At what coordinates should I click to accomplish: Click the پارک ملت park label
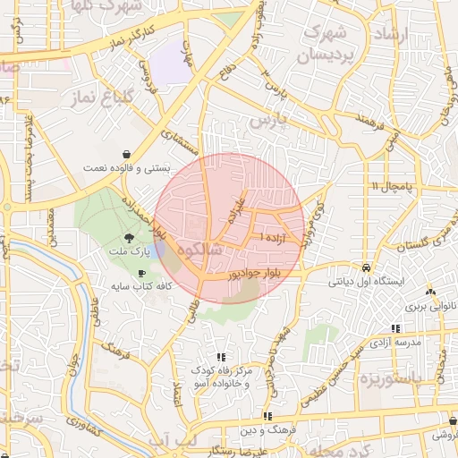pyautogui.click(x=131, y=253)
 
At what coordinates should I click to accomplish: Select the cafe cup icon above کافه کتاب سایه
pyautogui.click(x=141, y=273)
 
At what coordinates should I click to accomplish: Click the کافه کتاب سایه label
pyautogui.click(x=141, y=286)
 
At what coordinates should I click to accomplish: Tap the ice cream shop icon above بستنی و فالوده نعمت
pyautogui.click(x=128, y=154)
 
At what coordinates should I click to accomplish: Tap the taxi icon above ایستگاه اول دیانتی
pyautogui.click(x=367, y=267)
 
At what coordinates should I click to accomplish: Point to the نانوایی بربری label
pyautogui.click(x=431, y=305)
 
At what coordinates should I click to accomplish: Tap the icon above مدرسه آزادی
pyautogui.click(x=396, y=329)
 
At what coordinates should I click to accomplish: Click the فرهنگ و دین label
pyautogui.click(x=267, y=430)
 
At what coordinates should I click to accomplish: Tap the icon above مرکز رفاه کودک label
pyautogui.click(x=221, y=357)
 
